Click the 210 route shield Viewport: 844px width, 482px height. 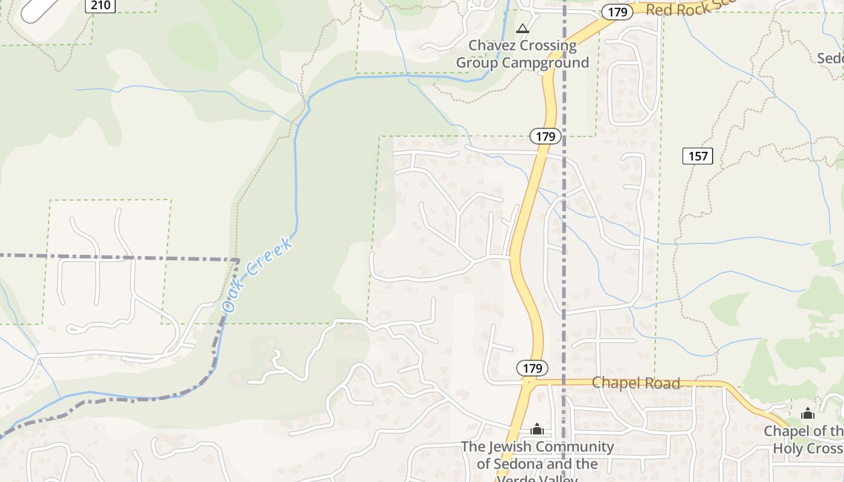pos(100,5)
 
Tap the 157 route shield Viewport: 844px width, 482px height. pos(698,156)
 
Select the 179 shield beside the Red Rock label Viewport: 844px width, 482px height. pos(617,11)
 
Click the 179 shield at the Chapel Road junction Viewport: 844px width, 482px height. pos(532,368)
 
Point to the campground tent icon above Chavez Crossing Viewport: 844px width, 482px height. pos(522,28)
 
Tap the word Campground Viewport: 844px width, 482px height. pos(547,63)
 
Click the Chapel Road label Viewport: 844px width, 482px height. pos(635,383)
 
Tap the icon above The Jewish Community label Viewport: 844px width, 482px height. pos(537,429)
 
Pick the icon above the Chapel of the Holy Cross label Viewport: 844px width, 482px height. pos(807,413)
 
